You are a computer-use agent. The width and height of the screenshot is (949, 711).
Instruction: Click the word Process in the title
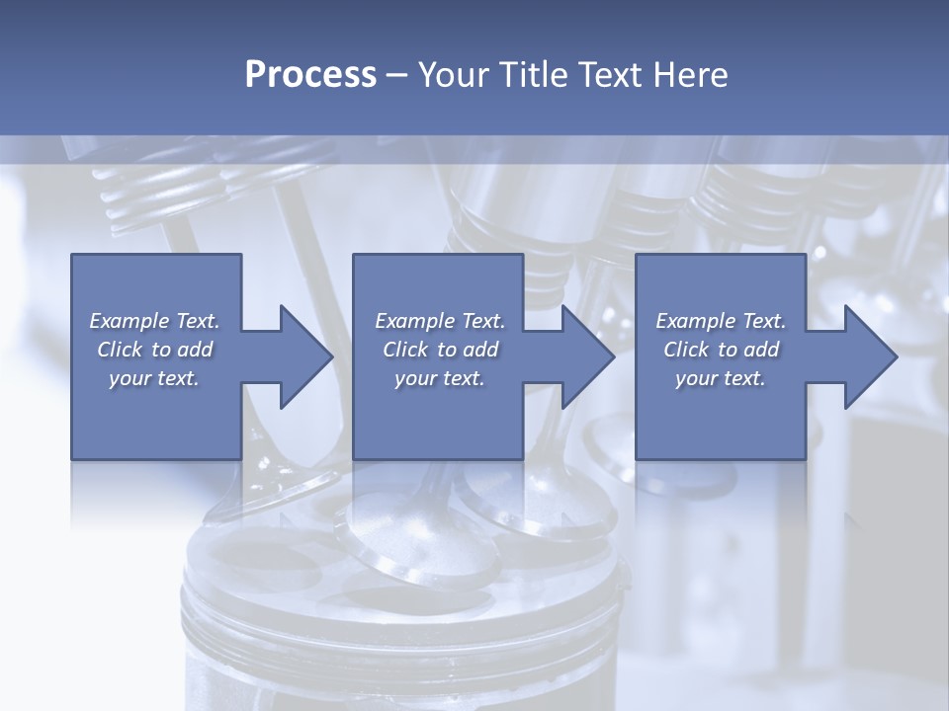310,75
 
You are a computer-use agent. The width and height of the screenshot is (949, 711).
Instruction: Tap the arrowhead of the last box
868,356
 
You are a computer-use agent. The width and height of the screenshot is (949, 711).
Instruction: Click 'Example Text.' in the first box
154,321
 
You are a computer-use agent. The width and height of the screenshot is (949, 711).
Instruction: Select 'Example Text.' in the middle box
440,321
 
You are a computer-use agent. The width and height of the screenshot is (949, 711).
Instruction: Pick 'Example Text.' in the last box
721,321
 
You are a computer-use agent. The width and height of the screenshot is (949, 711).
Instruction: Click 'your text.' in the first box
154,378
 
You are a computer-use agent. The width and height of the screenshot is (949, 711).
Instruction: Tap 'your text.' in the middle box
440,378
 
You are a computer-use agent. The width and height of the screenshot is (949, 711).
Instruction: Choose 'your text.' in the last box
721,378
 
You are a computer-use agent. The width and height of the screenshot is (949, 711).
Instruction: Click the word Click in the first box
120,350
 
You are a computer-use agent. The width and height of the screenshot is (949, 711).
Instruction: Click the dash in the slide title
397,75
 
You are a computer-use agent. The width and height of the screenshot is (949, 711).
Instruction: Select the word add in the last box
762,350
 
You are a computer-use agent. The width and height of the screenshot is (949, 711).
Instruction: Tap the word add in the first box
196,350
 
